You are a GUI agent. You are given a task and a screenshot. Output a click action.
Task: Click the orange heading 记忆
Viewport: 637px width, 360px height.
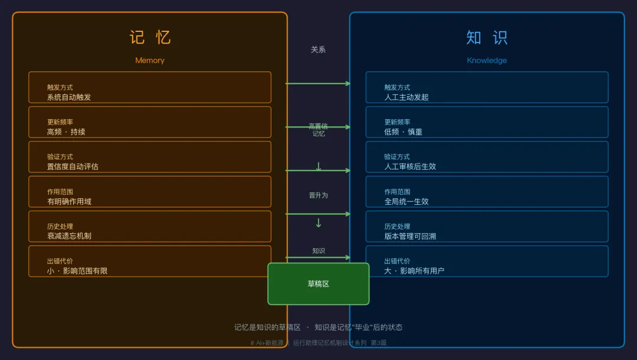pos(150,37)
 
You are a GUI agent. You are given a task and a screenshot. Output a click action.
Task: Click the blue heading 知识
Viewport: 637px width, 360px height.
pos(487,37)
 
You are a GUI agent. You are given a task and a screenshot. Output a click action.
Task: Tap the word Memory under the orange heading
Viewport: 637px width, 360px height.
pos(150,60)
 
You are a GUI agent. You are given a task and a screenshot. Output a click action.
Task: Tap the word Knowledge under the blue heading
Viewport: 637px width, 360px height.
pos(487,60)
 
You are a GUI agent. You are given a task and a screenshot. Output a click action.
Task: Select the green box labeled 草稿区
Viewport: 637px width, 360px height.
pos(318,284)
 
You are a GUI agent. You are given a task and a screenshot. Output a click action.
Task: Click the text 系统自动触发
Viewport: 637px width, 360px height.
pos(69,97)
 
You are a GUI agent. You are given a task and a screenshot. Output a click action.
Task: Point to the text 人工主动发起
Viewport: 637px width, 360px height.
pos(406,97)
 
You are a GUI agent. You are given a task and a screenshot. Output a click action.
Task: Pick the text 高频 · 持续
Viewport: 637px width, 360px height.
pos(66,132)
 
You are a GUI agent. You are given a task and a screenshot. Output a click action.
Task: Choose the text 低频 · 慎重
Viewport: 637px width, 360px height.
pos(403,132)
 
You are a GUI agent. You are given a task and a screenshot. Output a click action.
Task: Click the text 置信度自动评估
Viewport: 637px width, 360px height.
pos(73,167)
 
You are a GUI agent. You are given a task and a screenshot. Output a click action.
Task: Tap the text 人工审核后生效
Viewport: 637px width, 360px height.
pos(410,167)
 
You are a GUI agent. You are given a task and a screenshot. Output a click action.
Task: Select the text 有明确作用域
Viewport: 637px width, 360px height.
pos(69,202)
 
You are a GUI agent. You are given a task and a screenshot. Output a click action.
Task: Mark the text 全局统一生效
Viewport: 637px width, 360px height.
pos(406,202)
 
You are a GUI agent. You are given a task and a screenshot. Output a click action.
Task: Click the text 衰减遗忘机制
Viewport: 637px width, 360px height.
pos(69,236)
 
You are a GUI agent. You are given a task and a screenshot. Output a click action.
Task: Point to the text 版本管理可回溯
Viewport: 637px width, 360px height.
pos(410,236)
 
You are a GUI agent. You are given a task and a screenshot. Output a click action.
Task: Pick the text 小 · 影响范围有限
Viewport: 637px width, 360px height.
pos(77,271)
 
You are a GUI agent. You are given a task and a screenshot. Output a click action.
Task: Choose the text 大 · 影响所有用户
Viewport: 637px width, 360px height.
pos(414,271)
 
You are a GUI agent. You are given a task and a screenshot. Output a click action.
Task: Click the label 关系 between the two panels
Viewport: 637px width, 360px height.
pos(318,50)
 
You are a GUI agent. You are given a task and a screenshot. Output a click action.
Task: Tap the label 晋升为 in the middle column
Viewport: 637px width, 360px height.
pos(318,195)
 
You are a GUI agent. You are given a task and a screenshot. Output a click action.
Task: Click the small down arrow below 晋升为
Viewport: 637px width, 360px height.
pos(318,223)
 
